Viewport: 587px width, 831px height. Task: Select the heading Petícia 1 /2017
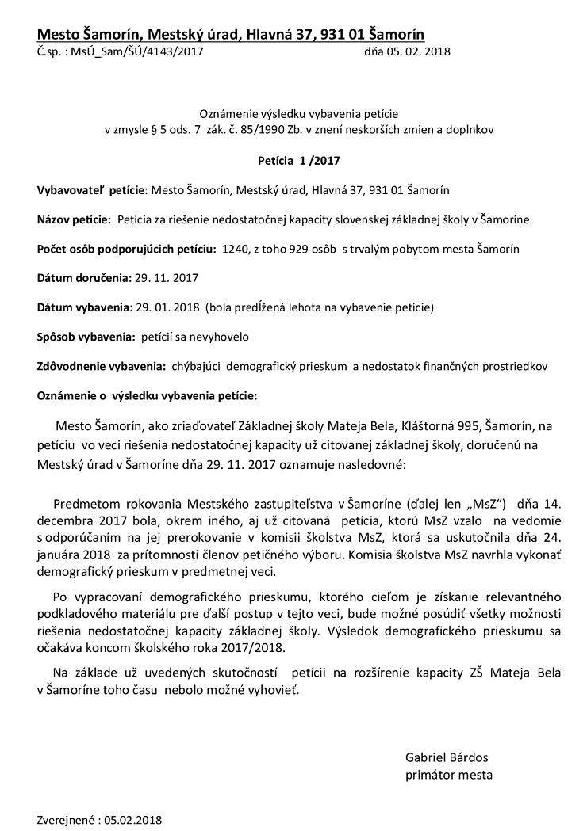coord(298,160)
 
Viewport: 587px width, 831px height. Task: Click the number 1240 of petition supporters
coord(237,249)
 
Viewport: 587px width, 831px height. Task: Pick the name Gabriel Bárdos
coord(447,757)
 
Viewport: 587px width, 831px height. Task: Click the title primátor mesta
coord(448,775)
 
